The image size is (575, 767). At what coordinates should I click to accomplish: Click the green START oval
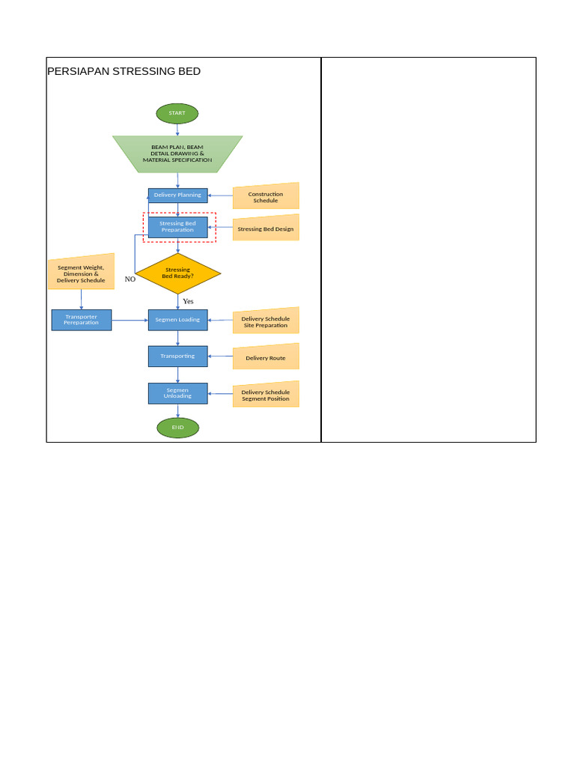[x=177, y=113]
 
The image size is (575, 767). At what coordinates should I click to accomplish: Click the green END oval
[x=177, y=428]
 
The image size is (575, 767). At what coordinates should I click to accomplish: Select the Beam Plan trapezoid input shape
[x=177, y=154]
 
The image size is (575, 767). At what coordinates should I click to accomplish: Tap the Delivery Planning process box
[x=177, y=195]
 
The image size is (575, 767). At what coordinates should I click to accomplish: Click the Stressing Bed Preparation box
[x=177, y=227]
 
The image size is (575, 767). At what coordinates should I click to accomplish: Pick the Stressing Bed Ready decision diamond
[x=177, y=273]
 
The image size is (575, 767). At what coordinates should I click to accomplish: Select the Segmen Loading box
[x=177, y=320]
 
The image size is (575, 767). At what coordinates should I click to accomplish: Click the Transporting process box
[x=177, y=357]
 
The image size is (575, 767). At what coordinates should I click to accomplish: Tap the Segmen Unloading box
[x=177, y=393]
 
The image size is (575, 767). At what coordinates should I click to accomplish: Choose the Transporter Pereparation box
[x=82, y=320]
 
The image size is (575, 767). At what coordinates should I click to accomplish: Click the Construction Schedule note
[x=266, y=197]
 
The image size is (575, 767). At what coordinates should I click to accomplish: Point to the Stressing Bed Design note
[x=266, y=228]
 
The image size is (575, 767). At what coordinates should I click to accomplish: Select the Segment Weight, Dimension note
[x=81, y=273]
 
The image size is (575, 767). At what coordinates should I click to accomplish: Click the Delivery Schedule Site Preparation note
[x=266, y=322]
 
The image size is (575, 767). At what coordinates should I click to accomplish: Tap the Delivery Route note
[x=266, y=358]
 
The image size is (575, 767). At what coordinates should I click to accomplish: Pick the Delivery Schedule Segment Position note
[x=266, y=395]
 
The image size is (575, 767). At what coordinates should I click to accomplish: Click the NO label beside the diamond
[x=130, y=279]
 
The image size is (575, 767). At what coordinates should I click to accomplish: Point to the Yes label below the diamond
[x=188, y=301]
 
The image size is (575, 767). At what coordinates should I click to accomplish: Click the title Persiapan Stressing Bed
[x=124, y=72]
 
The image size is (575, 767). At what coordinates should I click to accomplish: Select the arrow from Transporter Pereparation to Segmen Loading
[x=130, y=320]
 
